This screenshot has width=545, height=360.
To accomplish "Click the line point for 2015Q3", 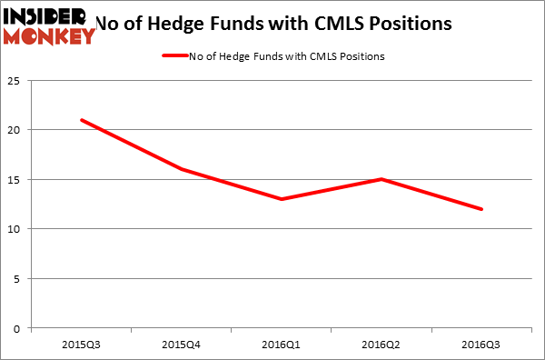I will click(x=82, y=120).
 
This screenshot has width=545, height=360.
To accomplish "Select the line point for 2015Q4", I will click(x=182, y=169).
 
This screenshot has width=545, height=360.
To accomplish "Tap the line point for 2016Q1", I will click(x=282, y=199).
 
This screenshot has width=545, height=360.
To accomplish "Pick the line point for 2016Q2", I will click(x=382, y=179).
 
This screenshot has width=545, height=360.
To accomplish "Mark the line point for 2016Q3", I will click(x=482, y=209).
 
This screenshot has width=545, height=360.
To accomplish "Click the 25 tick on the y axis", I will click(x=15, y=81).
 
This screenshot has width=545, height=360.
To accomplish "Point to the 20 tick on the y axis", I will click(x=15, y=130).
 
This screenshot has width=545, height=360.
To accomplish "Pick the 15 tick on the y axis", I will click(x=15, y=180).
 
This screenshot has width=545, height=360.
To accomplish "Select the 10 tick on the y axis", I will click(x=15, y=229).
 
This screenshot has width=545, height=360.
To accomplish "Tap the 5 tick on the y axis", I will click(x=18, y=278).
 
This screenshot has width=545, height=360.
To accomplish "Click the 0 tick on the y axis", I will click(x=18, y=328).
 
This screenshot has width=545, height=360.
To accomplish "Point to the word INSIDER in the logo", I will click(x=45, y=16).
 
